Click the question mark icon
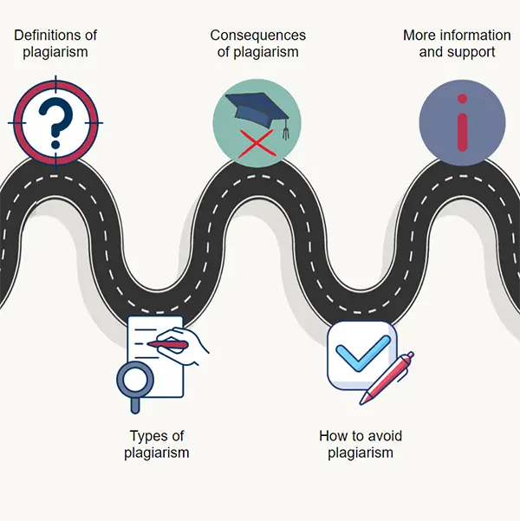tap(55, 122)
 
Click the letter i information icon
tap(462, 122)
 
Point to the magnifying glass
tap(134, 380)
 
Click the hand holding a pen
tap(185, 344)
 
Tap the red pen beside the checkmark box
tap(387, 377)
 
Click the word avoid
tap(382, 436)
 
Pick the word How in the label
tap(334, 436)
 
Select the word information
tap(475, 36)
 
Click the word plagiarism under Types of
tap(156, 453)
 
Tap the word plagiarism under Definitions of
tap(55, 52)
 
